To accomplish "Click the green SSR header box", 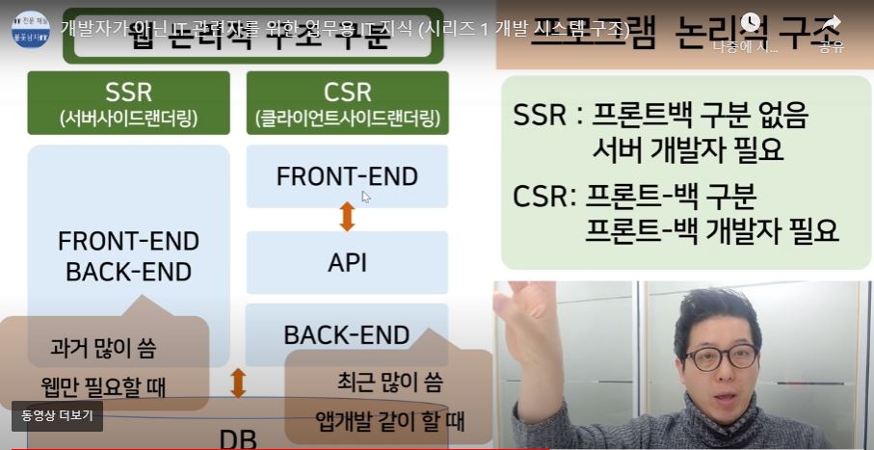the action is coord(128,102).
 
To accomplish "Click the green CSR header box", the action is coord(348,102).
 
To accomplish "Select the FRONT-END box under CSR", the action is coord(347,176).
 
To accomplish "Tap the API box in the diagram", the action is coord(347,263).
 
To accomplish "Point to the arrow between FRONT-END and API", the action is coord(347,217).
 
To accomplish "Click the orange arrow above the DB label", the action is coord(238,382).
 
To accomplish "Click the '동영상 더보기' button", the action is coord(57,416).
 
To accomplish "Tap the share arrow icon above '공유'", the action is coord(832,23).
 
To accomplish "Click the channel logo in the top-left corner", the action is coord(30,29).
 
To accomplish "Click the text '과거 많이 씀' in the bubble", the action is coord(104,348).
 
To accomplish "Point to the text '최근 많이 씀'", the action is coord(390,382).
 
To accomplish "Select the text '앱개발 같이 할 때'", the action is coord(390,420).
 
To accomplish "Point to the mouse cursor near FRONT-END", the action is coord(365,196).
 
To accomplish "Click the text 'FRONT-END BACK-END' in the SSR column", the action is coord(128,256).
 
